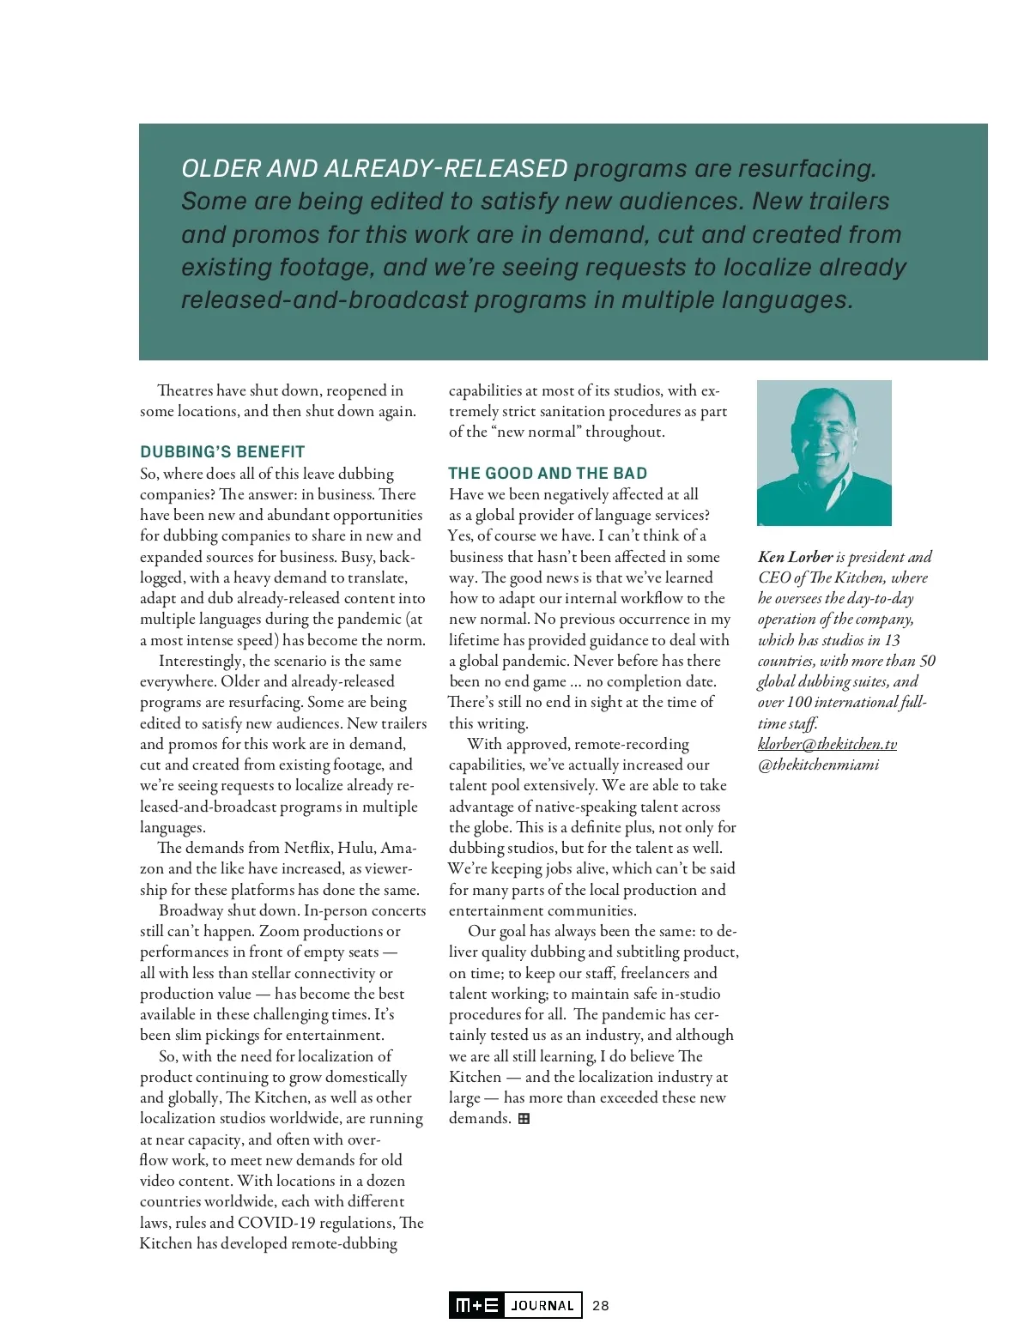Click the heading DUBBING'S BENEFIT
(x=222, y=451)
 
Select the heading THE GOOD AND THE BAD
(x=548, y=473)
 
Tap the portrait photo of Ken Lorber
(x=824, y=452)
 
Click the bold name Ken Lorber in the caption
(x=795, y=557)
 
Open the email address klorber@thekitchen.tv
(x=827, y=744)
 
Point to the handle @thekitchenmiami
(x=818, y=765)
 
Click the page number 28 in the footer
(x=601, y=1305)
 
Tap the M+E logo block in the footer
(x=476, y=1305)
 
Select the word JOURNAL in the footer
(x=542, y=1305)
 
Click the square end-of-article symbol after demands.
(x=524, y=1118)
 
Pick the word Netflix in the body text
(x=306, y=848)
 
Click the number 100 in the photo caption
(x=799, y=702)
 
